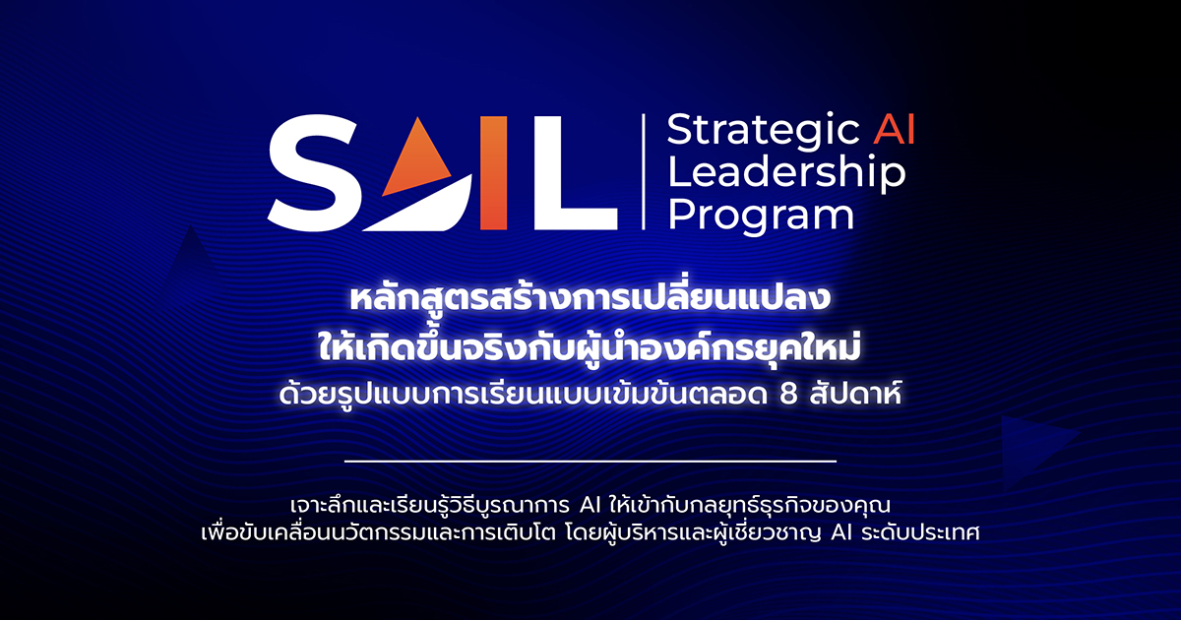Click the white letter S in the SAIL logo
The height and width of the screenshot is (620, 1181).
pos(313,174)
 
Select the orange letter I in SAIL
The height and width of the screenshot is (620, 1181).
pos(494,174)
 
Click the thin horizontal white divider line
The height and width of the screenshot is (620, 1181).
pos(590,461)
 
